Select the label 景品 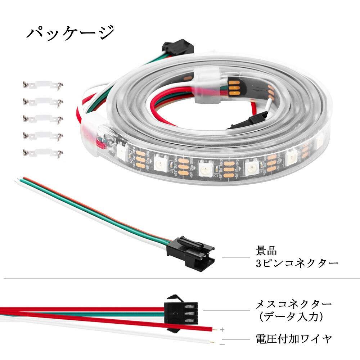[x=266, y=250]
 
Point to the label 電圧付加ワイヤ [x=293, y=339]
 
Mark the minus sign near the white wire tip [x=222, y=344]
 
